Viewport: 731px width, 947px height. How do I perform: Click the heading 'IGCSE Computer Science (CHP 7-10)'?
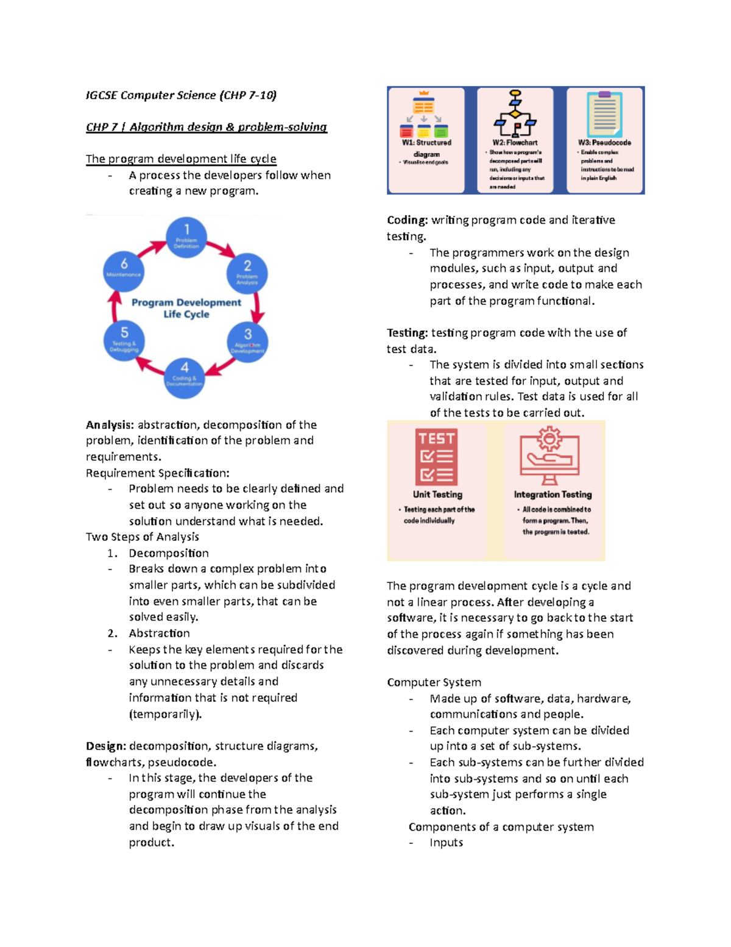pos(181,95)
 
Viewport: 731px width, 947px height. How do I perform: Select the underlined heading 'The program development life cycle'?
pos(181,159)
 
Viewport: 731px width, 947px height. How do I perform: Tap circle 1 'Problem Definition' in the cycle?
pos(186,237)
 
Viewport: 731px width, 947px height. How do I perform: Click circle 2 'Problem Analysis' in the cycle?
pos(247,274)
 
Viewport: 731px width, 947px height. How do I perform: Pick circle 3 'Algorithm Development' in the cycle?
pos(247,342)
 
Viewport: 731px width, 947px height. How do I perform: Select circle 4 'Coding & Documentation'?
pos(185,377)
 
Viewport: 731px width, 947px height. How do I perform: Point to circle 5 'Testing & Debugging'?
pos(124,341)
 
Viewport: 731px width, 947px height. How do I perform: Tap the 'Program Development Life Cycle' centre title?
pos(186,308)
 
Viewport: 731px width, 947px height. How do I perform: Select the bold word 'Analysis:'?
pos(110,425)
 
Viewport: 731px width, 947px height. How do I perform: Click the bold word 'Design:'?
pos(106,746)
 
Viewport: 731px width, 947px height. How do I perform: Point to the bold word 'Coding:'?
pos(407,220)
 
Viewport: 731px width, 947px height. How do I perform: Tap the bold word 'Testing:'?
pos(408,333)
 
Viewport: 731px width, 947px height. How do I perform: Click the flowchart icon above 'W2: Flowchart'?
pos(515,113)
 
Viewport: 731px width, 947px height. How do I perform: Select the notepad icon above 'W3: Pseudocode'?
pos(604,114)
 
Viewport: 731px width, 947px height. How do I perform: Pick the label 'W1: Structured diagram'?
pos(426,148)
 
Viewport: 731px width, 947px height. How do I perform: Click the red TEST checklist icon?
pos(437,457)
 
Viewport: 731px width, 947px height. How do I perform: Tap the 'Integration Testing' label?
pos(553,495)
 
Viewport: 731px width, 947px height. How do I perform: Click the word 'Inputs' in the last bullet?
pos(447,843)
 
